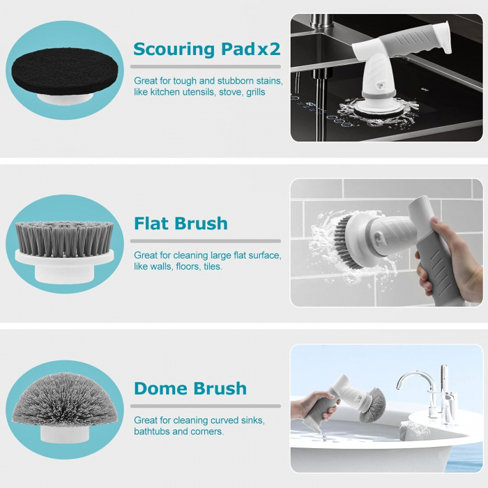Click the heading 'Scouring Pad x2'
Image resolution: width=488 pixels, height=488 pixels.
pos(206,49)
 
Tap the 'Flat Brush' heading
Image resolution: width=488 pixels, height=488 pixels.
pos(181,224)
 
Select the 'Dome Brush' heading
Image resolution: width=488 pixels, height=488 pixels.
pos(190,388)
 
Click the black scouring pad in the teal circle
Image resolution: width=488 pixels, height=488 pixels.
pos(65,73)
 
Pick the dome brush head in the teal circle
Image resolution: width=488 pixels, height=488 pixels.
pos(65,400)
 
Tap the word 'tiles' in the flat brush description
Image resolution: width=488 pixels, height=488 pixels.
pos(213,267)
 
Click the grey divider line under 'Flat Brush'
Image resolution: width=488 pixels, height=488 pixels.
pos(206,241)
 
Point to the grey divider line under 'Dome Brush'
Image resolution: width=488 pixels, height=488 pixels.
pos(206,406)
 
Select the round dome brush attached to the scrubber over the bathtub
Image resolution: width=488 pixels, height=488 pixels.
pos(372,405)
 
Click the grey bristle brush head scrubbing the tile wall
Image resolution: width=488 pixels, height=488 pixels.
pos(346,241)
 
